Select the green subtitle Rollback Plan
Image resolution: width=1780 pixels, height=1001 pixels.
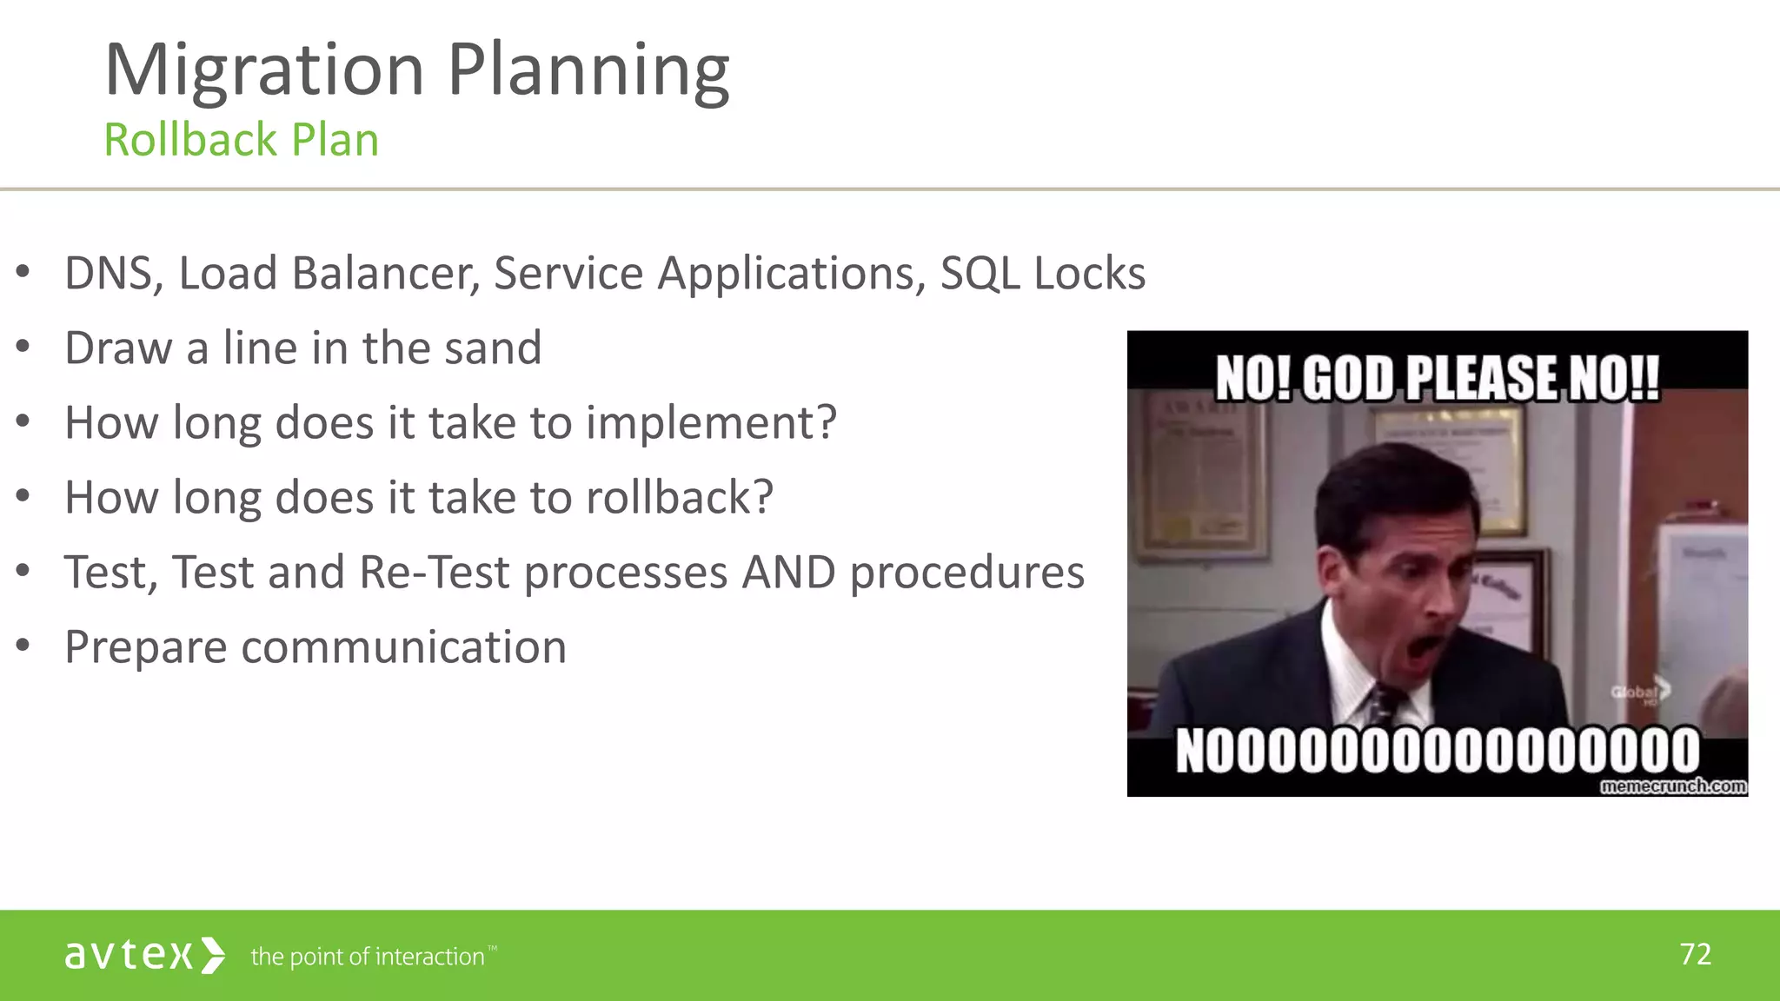(x=242, y=140)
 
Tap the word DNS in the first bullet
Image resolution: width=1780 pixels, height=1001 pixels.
(x=109, y=274)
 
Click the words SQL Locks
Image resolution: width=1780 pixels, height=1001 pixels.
(x=1042, y=274)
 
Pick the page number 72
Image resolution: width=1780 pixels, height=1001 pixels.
(x=1696, y=955)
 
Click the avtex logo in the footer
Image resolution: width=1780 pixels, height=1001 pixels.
(x=144, y=956)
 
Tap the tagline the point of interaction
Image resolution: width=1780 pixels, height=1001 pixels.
(x=368, y=957)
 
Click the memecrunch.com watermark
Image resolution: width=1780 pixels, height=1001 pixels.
(x=1672, y=786)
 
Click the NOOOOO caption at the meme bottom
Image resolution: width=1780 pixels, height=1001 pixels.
(x=1437, y=751)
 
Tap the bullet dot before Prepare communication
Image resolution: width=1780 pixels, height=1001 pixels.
(x=23, y=646)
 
